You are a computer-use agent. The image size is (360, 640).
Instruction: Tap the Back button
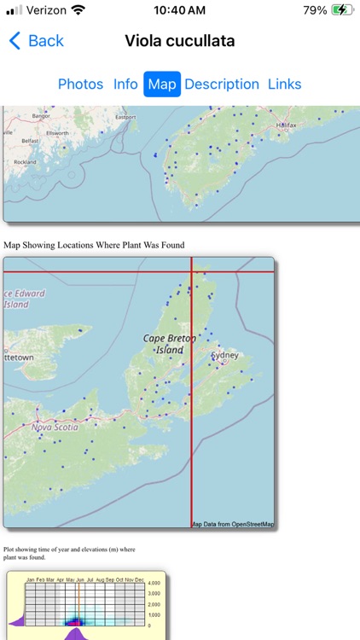point(37,41)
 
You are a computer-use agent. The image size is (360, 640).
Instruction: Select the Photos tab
point(80,84)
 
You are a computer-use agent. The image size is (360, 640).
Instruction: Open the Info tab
point(125,84)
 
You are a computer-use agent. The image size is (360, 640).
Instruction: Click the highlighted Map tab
point(162,84)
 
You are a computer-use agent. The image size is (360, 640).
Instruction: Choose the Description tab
point(222,84)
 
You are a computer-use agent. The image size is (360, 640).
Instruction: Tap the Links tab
point(284,84)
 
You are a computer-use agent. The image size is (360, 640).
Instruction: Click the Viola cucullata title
point(180,41)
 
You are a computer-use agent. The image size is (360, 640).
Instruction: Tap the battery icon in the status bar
point(342,10)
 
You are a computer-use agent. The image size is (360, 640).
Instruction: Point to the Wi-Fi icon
point(78,10)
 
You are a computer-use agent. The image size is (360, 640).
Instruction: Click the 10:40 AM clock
point(180,10)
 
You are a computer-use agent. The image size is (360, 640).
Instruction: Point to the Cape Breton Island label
point(169,344)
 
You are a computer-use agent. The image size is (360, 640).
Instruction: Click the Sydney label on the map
point(224,354)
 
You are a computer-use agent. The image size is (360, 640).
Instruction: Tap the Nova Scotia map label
point(55,427)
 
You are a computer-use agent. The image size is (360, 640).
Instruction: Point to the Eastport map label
point(125,117)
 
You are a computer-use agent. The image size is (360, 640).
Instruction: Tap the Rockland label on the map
point(26,161)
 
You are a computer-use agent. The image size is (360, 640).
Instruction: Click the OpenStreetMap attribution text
point(232,524)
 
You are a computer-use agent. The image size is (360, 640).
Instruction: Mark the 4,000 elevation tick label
point(154,584)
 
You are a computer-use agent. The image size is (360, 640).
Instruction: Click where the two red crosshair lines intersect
point(191,271)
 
